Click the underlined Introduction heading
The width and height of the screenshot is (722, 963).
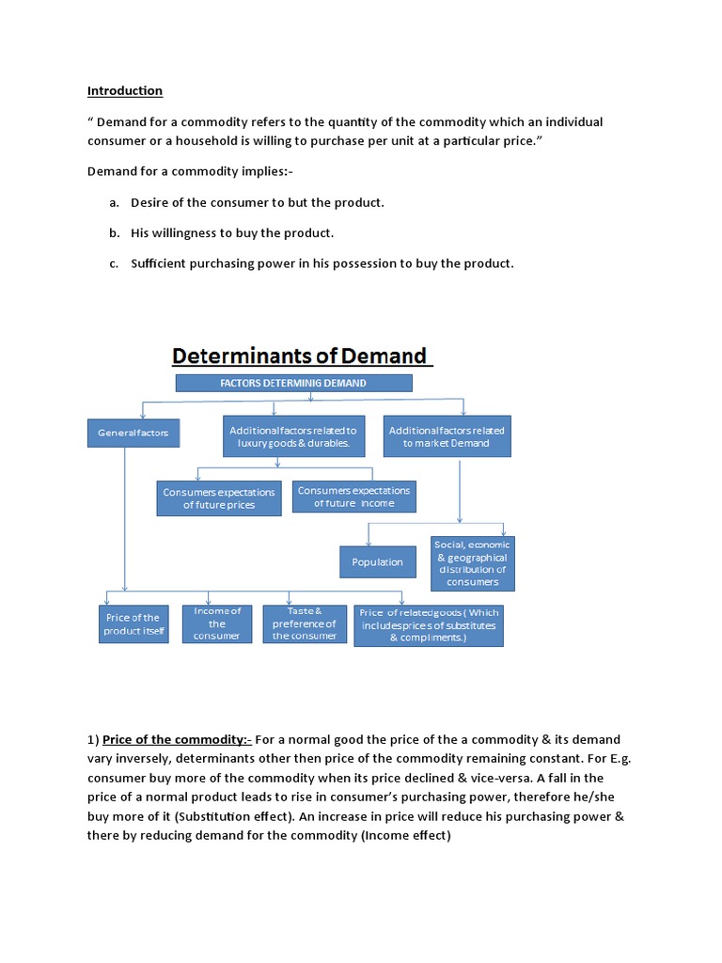(125, 91)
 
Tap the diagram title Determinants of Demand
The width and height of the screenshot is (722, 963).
(298, 355)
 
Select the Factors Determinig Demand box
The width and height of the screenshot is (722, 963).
(293, 383)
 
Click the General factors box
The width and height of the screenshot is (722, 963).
(133, 433)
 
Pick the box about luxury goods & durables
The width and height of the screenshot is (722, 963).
(293, 436)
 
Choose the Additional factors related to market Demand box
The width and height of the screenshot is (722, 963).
(447, 436)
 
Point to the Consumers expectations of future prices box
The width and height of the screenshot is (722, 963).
(219, 498)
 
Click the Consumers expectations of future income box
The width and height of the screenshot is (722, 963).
(353, 497)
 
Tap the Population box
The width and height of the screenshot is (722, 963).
(377, 562)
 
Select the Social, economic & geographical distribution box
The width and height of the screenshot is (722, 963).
(473, 562)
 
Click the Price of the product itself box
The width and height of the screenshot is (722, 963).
(133, 624)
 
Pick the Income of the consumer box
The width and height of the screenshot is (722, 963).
(217, 624)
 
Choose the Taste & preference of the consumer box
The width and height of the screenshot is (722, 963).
(305, 624)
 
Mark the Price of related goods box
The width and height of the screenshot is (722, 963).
(429, 624)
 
